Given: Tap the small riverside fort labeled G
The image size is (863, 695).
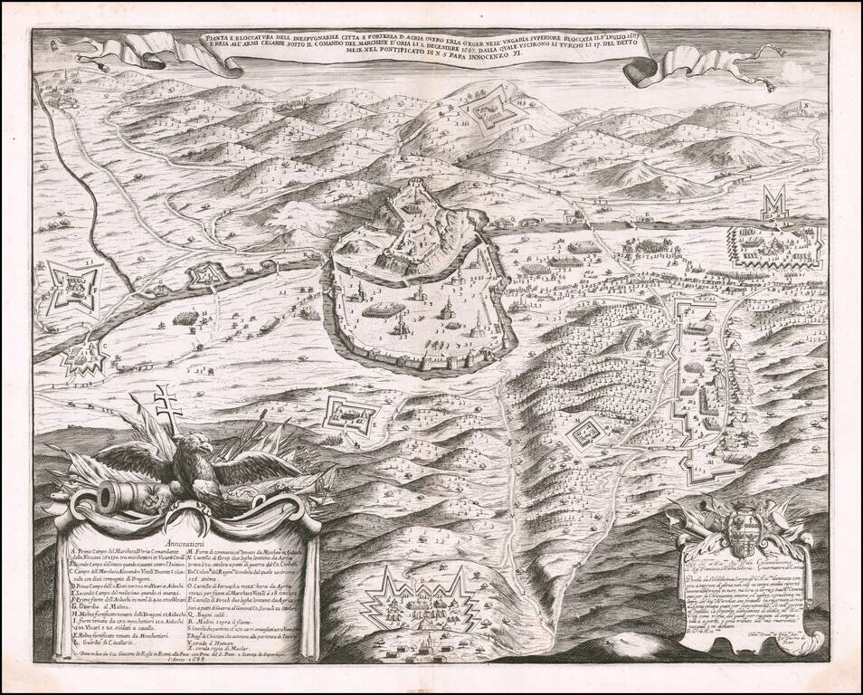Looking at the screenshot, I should point(205,272).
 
